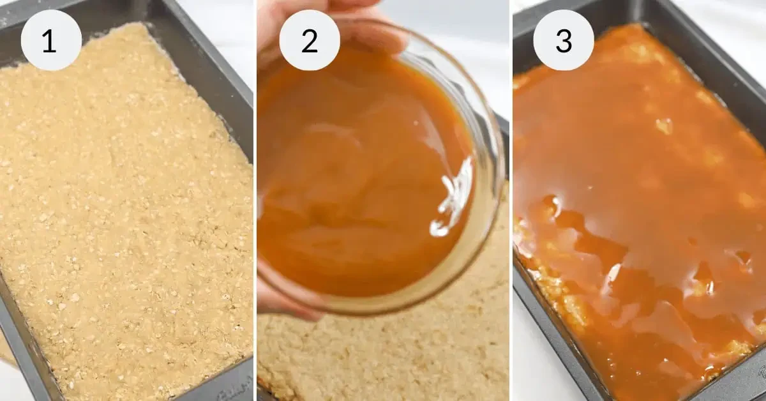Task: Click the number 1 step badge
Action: coord(51,40)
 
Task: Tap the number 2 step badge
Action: coord(310,40)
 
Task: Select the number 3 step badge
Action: coord(563,40)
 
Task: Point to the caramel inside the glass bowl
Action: coord(357,179)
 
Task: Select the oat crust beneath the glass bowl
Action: coord(383,358)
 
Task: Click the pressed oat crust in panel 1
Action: coord(128,211)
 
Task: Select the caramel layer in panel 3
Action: coord(638,192)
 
